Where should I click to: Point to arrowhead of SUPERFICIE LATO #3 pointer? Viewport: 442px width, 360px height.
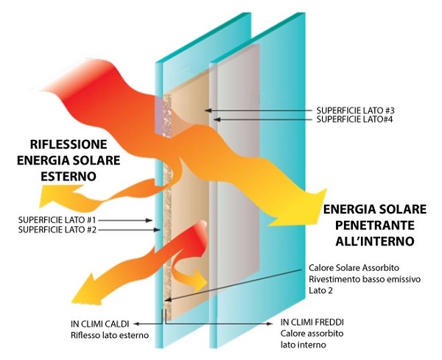point(208,110)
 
